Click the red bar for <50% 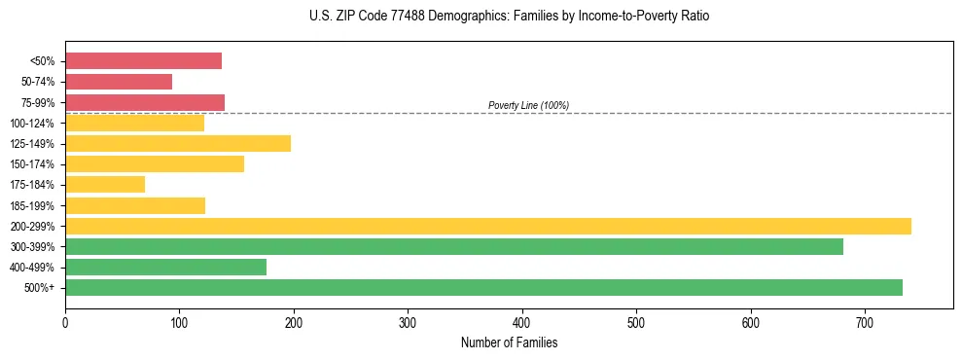(x=143, y=60)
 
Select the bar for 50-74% (x=119, y=82)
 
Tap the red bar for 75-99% (x=145, y=102)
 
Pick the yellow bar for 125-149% (x=178, y=144)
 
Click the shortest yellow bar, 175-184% (x=105, y=185)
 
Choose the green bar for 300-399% (x=454, y=247)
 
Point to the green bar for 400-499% (x=165, y=268)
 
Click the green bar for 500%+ (x=483, y=288)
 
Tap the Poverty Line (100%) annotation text (x=528, y=105)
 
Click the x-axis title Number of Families (x=509, y=343)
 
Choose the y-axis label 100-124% (x=32, y=124)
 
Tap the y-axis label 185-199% (x=32, y=206)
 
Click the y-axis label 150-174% (x=32, y=164)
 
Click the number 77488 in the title (x=404, y=17)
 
